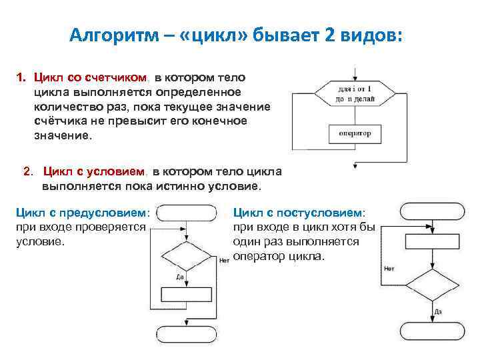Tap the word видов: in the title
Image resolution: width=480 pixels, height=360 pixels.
[371, 35]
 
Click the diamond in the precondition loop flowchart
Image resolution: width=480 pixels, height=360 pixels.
[187, 255]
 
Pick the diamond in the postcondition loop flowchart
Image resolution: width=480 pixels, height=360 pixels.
[431, 285]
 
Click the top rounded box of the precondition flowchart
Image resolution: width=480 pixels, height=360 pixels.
[187, 213]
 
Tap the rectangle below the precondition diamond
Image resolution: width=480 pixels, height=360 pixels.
[187, 295]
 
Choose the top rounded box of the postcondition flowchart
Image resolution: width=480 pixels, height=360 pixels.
[431, 211]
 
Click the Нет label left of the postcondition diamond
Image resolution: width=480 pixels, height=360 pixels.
[389, 269]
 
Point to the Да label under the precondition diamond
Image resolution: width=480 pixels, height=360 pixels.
[181, 275]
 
